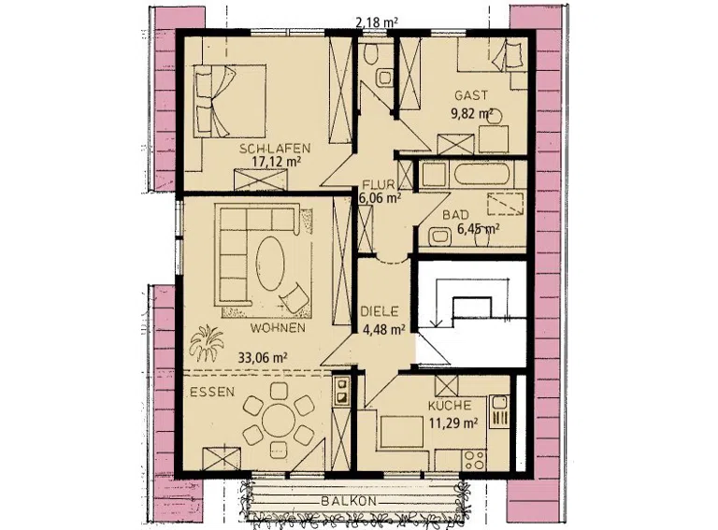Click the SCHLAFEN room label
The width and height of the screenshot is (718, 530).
275,149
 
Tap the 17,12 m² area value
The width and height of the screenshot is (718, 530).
276,161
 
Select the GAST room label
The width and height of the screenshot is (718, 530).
471,95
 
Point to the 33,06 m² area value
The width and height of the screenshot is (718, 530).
263,357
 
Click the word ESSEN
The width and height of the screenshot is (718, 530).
212,392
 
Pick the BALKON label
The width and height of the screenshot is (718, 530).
349,501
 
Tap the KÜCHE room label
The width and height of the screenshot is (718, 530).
449,406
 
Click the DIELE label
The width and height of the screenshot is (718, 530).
380,311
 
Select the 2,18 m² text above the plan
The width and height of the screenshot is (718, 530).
377,21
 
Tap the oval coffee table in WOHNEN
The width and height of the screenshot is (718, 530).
270,263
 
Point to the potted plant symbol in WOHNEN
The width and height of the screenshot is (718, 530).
206,343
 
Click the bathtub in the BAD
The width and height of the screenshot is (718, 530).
481,175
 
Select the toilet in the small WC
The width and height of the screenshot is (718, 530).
370,54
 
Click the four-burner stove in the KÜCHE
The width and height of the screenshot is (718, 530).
474,461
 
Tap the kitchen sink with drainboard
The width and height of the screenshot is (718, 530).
499,411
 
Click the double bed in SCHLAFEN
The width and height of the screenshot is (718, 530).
229,101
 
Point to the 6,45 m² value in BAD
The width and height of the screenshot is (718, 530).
479,229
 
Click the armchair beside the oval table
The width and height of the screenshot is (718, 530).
294,296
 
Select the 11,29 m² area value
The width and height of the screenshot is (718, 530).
453,422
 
